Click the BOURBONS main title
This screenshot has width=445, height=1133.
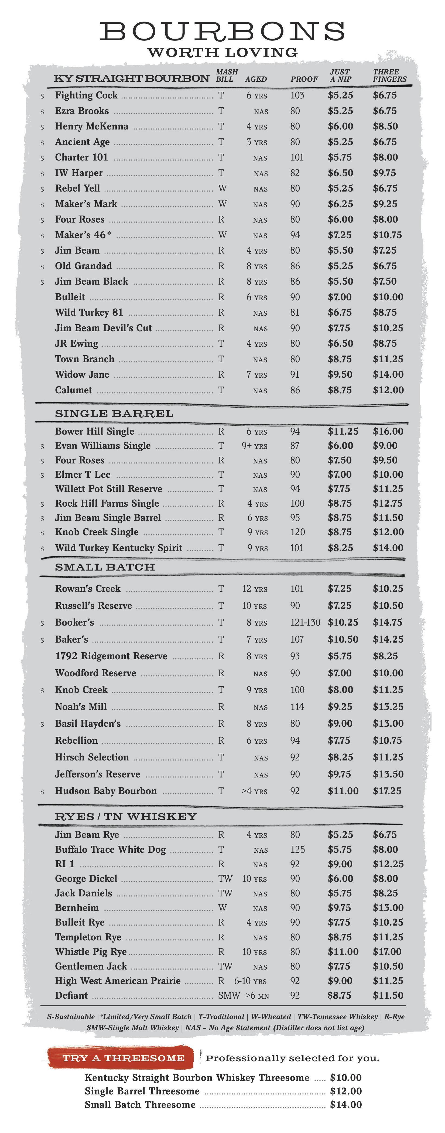pyautogui.click(x=222, y=32)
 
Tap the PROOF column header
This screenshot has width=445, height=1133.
pyautogui.click(x=304, y=79)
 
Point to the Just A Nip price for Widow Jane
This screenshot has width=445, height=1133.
pyautogui.click(x=340, y=374)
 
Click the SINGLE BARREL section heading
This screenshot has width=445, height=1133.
pyautogui.click(x=114, y=414)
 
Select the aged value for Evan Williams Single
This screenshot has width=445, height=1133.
pyautogui.click(x=254, y=446)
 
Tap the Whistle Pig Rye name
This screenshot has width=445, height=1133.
pyautogui.click(x=91, y=951)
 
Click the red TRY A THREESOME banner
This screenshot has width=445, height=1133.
pyautogui.click(x=123, y=1058)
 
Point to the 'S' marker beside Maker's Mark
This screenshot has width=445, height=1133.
pyautogui.click(x=42, y=204)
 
